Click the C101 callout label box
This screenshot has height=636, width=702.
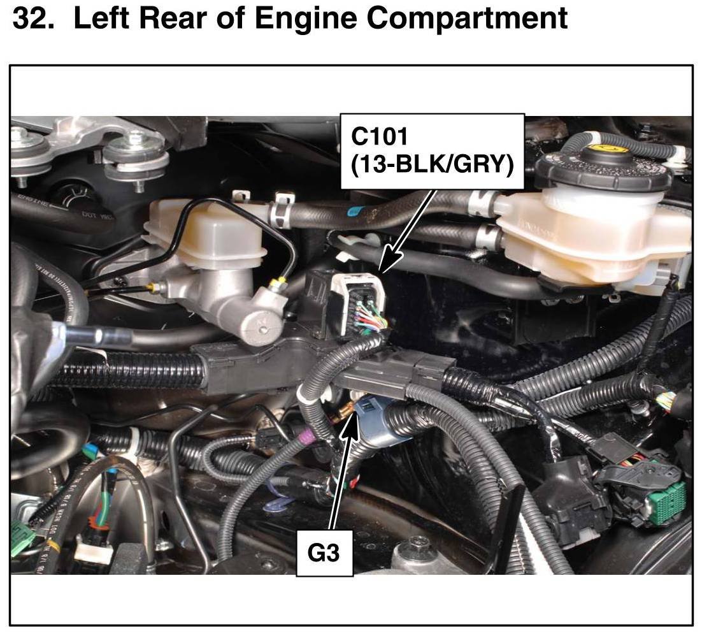click(x=433, y=152)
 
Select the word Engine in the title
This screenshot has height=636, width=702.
click(x=305, y=19)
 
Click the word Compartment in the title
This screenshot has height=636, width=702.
click(x=467, y=19)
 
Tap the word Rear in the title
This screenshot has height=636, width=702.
click(x=181, y=19)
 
